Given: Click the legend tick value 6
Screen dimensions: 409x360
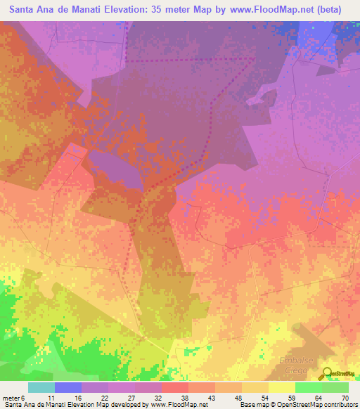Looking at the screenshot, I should tap(30, 397).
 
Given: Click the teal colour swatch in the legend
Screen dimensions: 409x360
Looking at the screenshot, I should tap(41, 387).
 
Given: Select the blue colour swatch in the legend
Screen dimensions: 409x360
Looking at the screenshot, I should tap(68, 387).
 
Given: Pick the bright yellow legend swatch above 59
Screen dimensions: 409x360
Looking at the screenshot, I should tap(282, 387).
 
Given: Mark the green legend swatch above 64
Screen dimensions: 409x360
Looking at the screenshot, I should tap(308, 387).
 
